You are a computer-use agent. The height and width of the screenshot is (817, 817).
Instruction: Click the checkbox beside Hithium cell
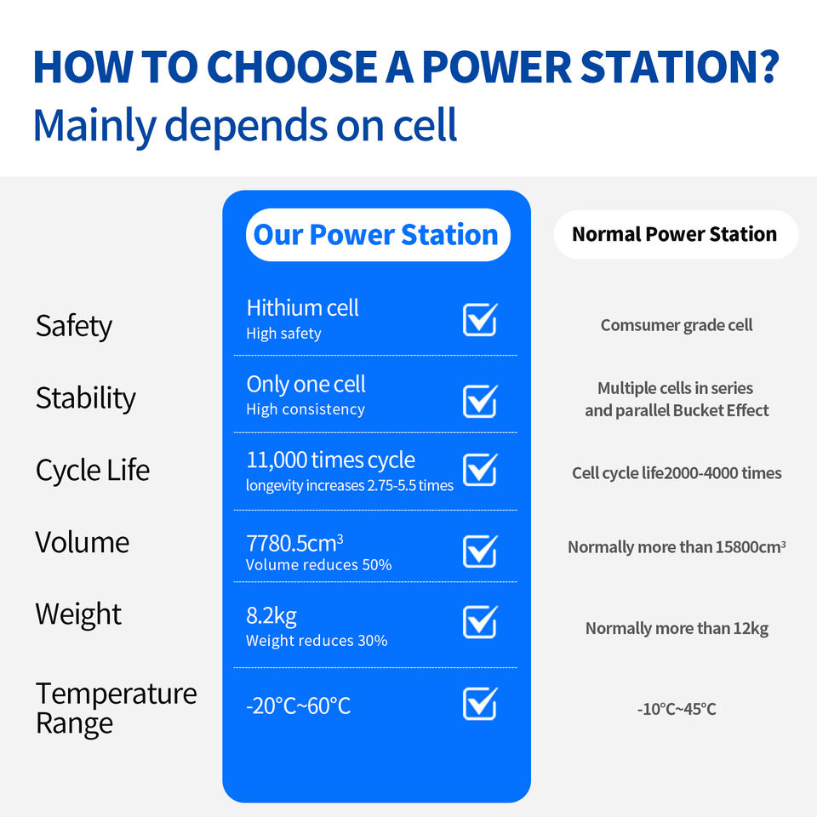pyautogui.click(x=480, y=319)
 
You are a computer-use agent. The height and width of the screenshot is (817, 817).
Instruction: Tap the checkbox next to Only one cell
pyautogui.click(x=480, y=401)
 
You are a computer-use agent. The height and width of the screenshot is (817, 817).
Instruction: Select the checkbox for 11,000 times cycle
pyautogui.click(x=480, y=470)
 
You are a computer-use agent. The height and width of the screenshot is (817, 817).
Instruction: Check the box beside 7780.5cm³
pyautogui.click(x=480, y=551)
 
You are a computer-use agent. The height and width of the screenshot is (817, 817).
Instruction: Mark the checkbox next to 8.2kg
pyautogui.click(x=480, y=621)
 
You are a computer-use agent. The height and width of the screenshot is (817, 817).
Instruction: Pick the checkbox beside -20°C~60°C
pyautogui.click(x=480, y=704)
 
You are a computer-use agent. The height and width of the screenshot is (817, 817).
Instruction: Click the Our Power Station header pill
pyautogui.click(x=378, y=235)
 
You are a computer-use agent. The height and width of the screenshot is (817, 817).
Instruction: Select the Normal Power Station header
pyautogui.click(x=676, y=235)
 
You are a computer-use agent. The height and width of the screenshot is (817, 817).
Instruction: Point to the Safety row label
pyautogui.click(x=73, y=327)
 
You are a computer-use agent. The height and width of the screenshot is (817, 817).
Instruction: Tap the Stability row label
pyautogui.click(x=85, y=398)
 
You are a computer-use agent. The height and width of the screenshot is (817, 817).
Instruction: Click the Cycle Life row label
pyautogui.click(x=92, y=471)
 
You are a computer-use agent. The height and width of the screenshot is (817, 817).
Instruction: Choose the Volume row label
pyautogui.click(x=83, y=542)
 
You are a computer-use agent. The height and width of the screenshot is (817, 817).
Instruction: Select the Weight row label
pyautogui.click(x=78, y=614)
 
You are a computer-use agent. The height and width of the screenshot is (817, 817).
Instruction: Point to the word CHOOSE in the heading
pyautogui.click(x=292, y=66)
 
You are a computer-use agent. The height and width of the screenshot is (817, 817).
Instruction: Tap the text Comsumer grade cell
pyautogui.click(x=677, y=325)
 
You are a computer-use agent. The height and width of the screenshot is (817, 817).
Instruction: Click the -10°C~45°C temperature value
pyautogui.click(x=677, y=709)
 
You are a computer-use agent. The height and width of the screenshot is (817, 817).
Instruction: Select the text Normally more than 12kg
pyautogui.click(x=677, y=629)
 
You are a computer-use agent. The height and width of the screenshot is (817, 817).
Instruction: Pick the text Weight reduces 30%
pyautogui.click(x=317, y=640)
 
